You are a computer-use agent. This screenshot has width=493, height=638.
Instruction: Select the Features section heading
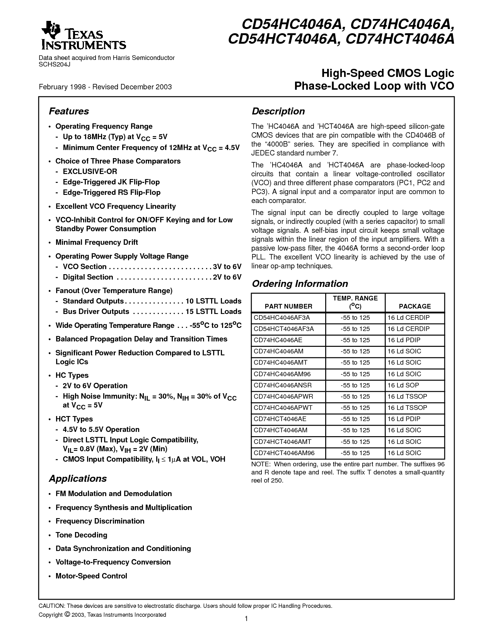[69, 111]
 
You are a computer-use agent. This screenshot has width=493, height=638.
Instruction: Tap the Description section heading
[278, 111]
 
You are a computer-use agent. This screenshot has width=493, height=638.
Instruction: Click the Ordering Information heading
[300, 284]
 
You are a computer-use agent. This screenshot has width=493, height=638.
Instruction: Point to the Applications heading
[78, 479]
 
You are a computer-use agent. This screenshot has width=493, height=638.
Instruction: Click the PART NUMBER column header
[288, 306]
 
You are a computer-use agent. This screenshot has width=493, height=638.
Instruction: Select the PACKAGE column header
[415, 306]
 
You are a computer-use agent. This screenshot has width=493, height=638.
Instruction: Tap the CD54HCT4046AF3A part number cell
[284, 329]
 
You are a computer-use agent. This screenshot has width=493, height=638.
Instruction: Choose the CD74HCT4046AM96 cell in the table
[284, 453]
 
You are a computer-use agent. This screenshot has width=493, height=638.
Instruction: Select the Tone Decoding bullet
[81, 535]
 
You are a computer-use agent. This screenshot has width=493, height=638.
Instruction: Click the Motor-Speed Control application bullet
[91, 576]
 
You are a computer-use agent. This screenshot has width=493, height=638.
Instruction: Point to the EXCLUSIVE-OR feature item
[90, 171]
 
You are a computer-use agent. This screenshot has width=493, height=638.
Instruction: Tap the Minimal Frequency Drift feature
[97, 242]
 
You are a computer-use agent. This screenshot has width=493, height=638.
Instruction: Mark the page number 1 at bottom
[246, 619]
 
